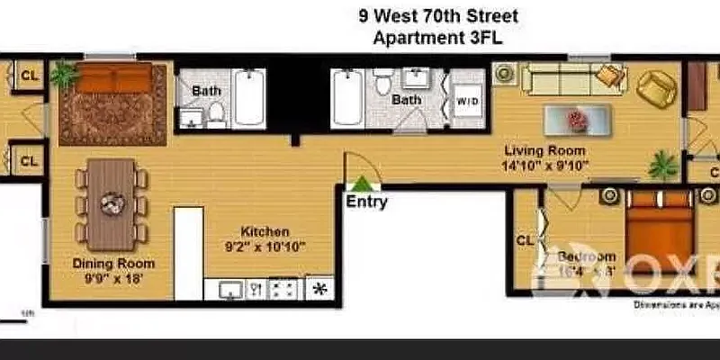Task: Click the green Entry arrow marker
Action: [x=360, y=183]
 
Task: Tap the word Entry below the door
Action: [x=366, y=202]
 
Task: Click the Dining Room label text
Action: [x=113, y=264]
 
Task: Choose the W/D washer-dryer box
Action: [x=467, y=101]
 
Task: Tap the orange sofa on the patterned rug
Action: [x=112, y=80]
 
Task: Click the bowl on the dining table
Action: [x=112, y=202]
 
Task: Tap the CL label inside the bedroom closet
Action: [x=526, y=240]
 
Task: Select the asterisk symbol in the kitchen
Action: [x=319, y=289]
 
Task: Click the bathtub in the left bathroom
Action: [x=249, y=98]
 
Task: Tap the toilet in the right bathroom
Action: [x=383, y=85]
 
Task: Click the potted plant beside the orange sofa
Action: [x=63, y=74]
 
